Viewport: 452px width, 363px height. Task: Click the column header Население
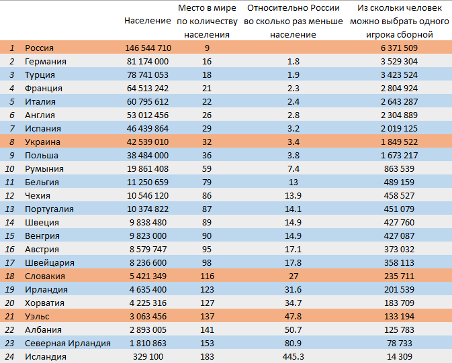coord(148,21)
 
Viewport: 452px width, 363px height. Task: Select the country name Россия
coord(39,48)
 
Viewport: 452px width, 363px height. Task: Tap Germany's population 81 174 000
coord(148,61)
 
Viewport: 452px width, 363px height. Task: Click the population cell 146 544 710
coord(148,48)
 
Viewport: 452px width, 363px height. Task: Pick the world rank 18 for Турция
coord(207,75)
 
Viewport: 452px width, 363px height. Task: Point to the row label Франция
coord(44,88)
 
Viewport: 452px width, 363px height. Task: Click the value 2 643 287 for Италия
coord(399,102)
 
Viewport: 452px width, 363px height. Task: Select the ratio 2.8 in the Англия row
coord(293,115)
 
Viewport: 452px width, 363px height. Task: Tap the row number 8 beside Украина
coord(12,142)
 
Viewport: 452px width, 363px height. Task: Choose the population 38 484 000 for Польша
coord(148,155)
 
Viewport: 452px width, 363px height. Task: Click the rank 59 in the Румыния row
coord(207,169)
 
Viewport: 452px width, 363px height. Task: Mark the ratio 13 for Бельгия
coord(293,182)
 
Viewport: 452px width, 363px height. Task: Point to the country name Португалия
coord(49,209)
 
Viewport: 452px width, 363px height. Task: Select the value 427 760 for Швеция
coord(399,222)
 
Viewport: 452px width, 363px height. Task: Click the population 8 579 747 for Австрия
coord(148,249)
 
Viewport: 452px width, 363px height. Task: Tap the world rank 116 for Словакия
coord(207,276)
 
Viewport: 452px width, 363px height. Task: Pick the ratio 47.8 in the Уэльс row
coord(293,316)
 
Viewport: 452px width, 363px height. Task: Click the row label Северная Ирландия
coord(68,343)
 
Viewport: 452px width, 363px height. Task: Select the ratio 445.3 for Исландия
coord(293,357)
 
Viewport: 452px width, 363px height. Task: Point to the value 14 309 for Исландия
coord(399,357)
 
